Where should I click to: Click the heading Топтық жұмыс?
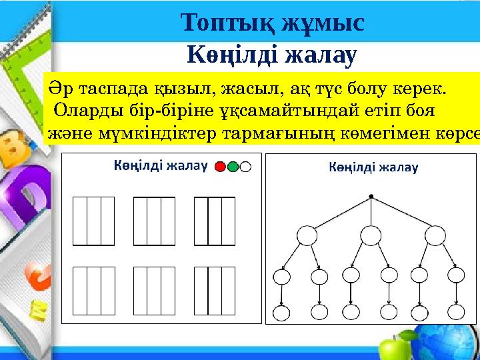(x=273, y=23)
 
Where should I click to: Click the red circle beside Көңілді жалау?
(x=221, y=167)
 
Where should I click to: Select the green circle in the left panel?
(x=233, y=167)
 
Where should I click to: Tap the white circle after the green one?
(x=245, y=167)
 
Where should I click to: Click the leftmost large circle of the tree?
(x=307, y=235)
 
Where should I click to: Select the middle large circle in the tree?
(x=370, y=235)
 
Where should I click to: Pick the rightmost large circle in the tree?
(x=435, y=235)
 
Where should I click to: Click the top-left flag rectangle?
(x=93, y=221)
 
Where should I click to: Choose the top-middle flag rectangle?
(x=154, y=221)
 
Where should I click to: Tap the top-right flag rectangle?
(x=215, y=221)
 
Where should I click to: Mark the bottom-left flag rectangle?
(x=93, y=290)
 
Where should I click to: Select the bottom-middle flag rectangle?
(x=154, y=290)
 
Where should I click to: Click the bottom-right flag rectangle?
(x=215, y=290)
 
